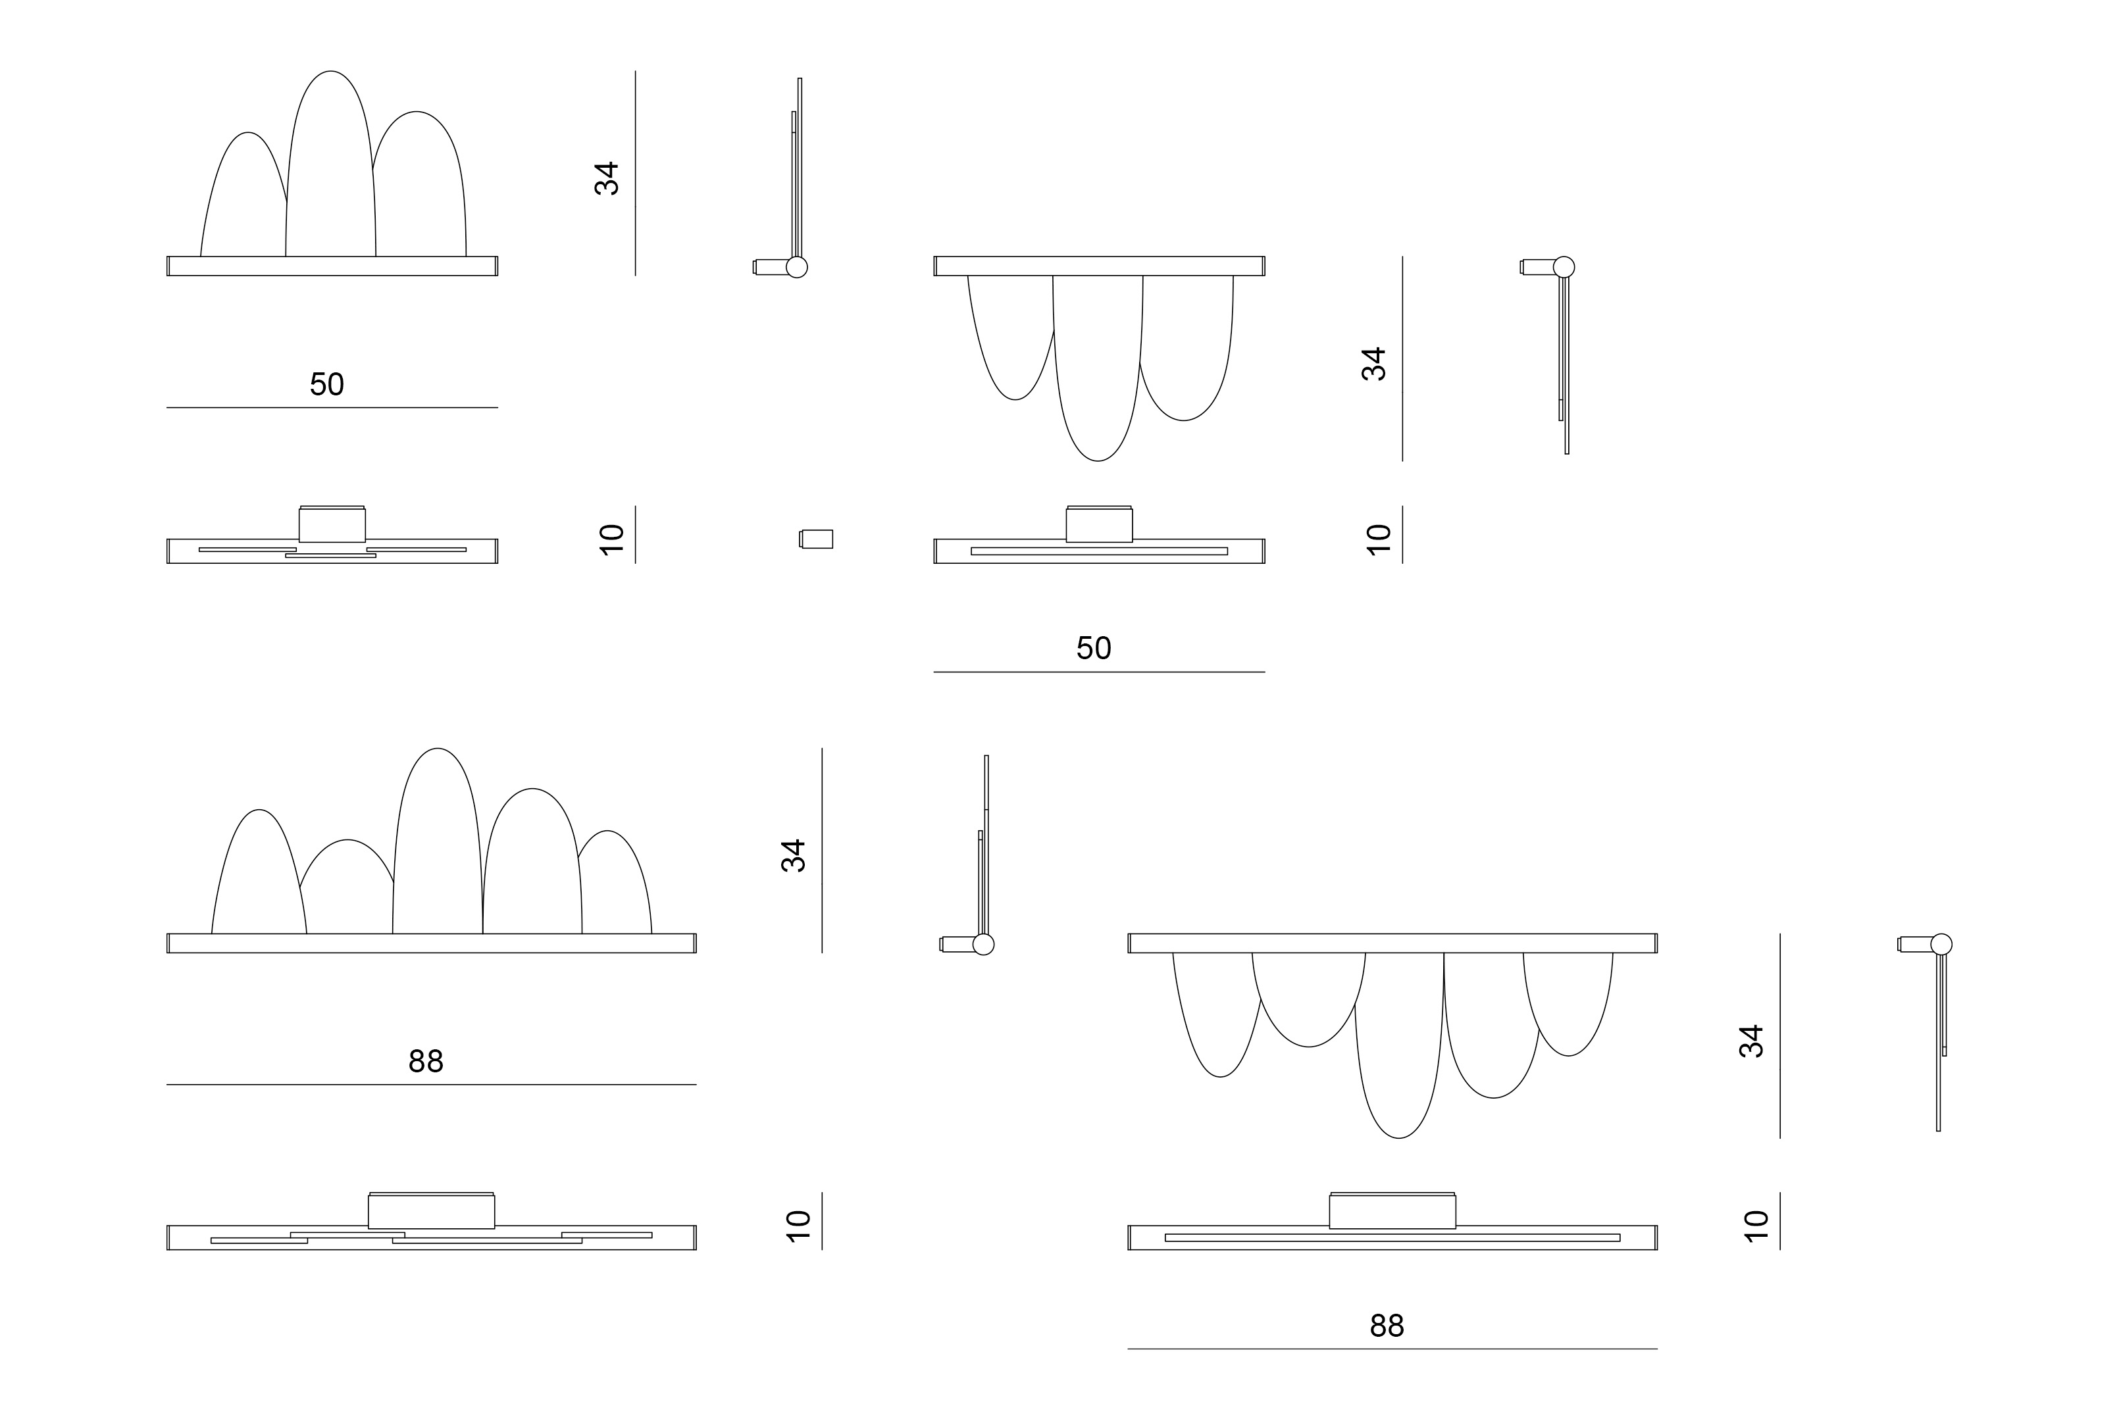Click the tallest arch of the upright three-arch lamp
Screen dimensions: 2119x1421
coord(331,72)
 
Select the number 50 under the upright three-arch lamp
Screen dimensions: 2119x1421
coord(327,384)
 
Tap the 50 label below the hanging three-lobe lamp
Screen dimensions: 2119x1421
coord(1094,648)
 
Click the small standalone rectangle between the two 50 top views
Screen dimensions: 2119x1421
coord(817,539)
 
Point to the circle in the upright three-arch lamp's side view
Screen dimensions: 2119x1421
coord(797,267)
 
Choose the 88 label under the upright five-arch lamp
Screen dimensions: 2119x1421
coord(426,1061)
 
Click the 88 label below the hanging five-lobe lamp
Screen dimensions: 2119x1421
coord(1387,1326)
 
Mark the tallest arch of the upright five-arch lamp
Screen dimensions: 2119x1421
coord(438,749)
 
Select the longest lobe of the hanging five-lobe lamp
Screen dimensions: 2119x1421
coord(1399,1137)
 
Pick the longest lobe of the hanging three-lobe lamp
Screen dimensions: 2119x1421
coord(1098,461)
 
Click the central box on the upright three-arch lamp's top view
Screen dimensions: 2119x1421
coord(332,525)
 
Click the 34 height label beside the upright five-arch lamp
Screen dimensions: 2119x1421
coord(794,855)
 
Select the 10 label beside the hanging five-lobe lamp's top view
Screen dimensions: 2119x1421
coord(1756,1225)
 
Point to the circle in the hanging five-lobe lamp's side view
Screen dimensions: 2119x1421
coord(1941,944)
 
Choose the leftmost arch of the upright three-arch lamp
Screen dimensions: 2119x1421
coord(247,133)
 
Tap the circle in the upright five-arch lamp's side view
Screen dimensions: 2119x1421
coord(983,944)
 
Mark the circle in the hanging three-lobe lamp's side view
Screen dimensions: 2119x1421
coord(1564,267)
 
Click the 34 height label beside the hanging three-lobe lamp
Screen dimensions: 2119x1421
coord(1374,364)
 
